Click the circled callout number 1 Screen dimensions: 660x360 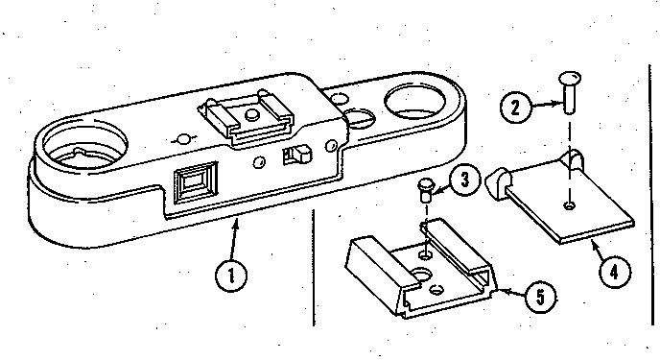231,275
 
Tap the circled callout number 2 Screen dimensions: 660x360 515,108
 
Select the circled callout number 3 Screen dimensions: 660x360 464,180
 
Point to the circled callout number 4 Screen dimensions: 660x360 615,272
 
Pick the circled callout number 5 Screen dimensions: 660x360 540,298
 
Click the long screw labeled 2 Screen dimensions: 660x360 570,92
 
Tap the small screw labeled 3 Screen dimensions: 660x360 424,191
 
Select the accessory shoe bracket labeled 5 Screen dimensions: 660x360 421,270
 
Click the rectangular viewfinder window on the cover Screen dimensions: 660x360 196,184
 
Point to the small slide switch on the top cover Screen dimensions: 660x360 297,155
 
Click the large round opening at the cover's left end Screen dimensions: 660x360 84,144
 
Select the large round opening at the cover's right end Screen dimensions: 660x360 414,101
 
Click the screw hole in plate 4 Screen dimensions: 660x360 570,205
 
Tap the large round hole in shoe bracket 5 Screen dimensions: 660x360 420,276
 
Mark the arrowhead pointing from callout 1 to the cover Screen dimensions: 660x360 237,223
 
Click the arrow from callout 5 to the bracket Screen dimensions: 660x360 510,291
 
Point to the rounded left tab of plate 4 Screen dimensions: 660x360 498,183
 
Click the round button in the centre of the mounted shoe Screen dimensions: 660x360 251,114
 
